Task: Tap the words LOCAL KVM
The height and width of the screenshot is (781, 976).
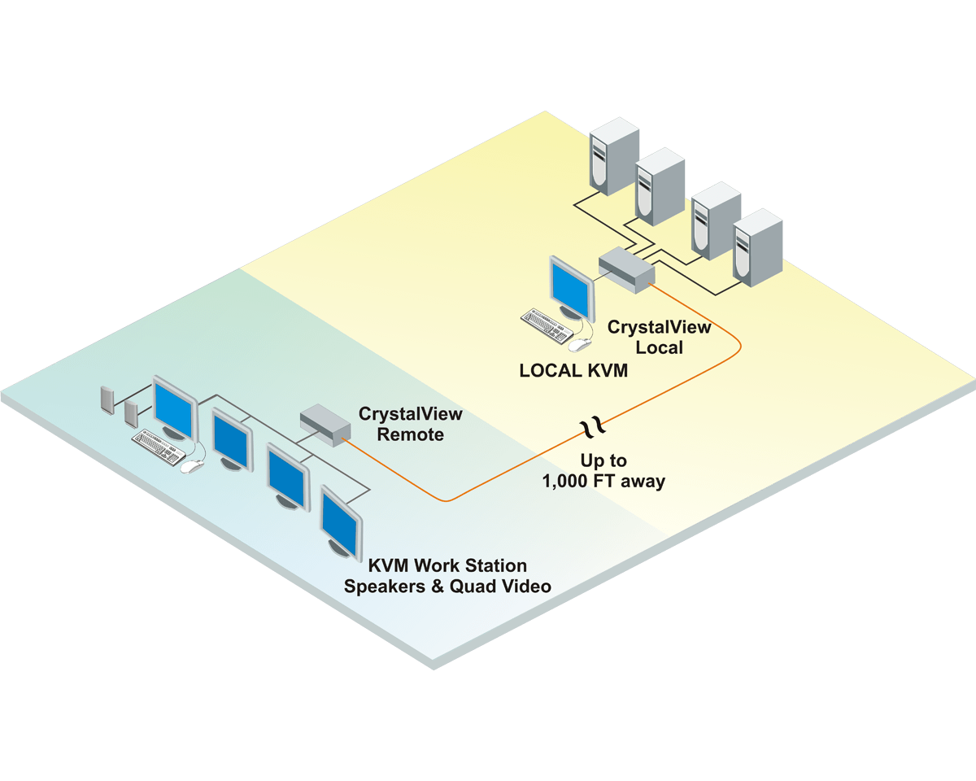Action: pos(573,371)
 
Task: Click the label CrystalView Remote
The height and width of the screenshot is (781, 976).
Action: pos(411,424)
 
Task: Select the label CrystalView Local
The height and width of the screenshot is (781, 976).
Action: pos(660,337)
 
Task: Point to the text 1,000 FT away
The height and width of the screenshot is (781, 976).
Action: pos(603,482)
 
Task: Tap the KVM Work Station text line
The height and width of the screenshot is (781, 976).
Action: pos(447,565)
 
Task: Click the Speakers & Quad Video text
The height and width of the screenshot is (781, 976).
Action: pos(447,587)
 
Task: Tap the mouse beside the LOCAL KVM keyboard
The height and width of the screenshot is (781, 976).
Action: pos(577,345)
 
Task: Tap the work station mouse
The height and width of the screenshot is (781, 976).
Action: pos(192,467)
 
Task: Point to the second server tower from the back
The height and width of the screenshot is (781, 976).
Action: pos(660,185)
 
